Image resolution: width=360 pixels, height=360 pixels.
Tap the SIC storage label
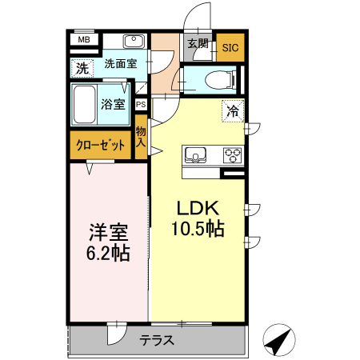pyautogui.click(x=230, y=47)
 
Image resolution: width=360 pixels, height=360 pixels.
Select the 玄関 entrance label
pyautogui.click(x=198, y=44)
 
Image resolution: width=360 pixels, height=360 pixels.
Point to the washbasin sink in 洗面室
pyautogui.click(x=133, y=42)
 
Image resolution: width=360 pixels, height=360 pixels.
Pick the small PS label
pyautogui.click(x=141, y=104)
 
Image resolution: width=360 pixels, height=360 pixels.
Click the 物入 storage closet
pyautogui.click(x=141, y=136)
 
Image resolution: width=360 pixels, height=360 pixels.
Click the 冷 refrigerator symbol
pyautogui.click(x=233, y=112)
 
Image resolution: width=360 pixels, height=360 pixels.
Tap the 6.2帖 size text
pyautogui.click(x=108, y=253)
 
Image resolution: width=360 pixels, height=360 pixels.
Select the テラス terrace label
pyautogui.click(x=157, y=339)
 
